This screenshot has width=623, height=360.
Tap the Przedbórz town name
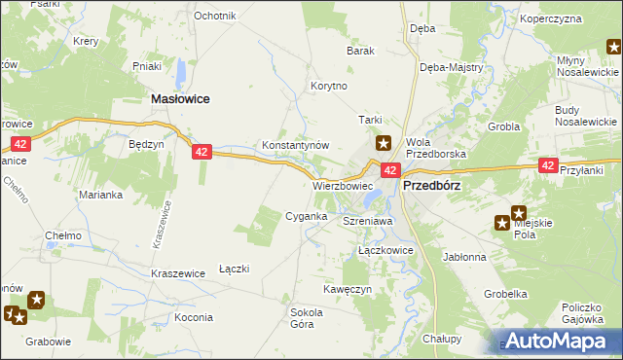pyautogui.click(x=431, y=183)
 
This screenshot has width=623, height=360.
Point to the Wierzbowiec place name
pyautogui.click(x=343, y=184)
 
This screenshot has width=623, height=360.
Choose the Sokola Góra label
pyautogui.click(x=307, y=318)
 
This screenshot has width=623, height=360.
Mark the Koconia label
pyautogui.click(x=194, y=317)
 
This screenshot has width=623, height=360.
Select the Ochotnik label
pyautogui.click(x=215, y=17)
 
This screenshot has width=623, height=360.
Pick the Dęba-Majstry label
pyautogui.click(x=445, y=67)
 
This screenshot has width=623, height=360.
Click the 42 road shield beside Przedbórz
pyautogui.click(x=389, y=170)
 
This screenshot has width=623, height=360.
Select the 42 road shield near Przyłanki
pyautogui.click(x=548, y=166)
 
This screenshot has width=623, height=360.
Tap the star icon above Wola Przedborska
pyautogui.click(x=385, y=142)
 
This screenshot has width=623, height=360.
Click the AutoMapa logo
pyautogui.click(x=561, y=341)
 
